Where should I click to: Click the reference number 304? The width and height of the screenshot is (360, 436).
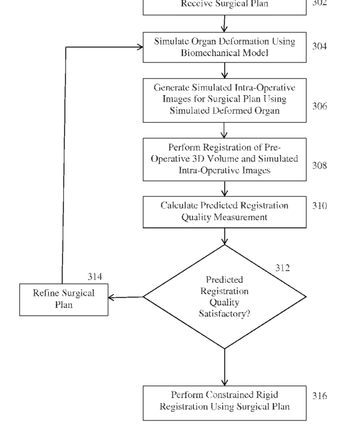(x=319, y=46)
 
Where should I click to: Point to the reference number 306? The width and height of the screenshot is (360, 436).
(x=319, y=106)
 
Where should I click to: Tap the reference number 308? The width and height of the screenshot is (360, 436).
(x=319, y=165)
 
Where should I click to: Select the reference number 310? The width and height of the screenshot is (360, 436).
(x=319, y=206)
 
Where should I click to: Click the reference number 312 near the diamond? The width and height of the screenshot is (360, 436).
(x=282, y=268)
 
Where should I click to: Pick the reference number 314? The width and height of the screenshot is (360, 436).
(x=95, y=277)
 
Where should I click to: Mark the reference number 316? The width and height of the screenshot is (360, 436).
(x=319, y=396)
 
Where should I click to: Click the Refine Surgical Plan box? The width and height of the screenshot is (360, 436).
(x=64, y=299)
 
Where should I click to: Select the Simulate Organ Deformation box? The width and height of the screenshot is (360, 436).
(x=225, y=48)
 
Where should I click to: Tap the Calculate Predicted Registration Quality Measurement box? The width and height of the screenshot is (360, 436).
(x=225, y=212)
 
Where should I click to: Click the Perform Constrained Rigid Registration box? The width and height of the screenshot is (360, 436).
(x=225, y=403)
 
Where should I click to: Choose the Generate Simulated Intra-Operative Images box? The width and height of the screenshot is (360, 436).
(x=225, y=100)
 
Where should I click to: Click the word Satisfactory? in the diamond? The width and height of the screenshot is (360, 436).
(x=225, y=314)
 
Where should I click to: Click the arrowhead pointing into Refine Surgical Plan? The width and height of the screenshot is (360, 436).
(x=111, y=298)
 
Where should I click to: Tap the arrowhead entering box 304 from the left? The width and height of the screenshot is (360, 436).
(x=140, y=47)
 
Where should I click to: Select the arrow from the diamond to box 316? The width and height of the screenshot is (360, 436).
(x=225, y=367)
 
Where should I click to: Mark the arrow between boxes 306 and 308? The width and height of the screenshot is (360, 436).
(x=224, y=130)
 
